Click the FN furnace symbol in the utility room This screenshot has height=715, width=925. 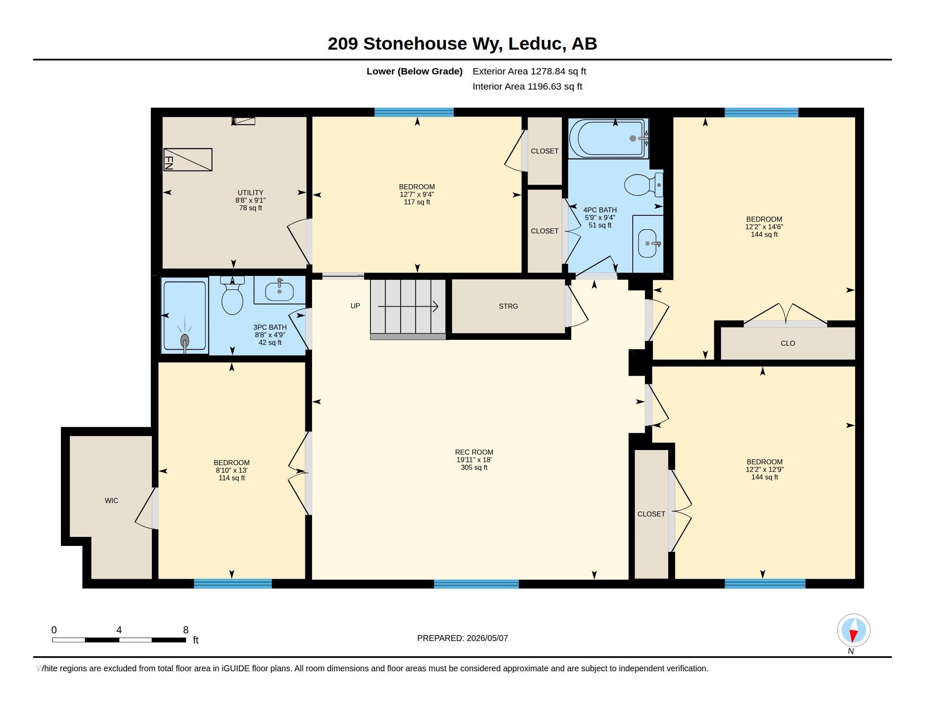(x=188, y=160)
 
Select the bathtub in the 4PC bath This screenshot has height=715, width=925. (x=609, y=138)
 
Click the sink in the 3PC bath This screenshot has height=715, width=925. (x=279, y=291)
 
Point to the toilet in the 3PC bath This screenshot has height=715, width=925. (x=233, y=295)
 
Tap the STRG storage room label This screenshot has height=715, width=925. (x=508, y=306)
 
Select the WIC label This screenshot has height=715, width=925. (x=111, y=500)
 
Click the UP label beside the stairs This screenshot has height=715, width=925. (x=355, y=306)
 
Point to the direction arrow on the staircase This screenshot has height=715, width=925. (x=408, y=306)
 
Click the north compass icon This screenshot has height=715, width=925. (x=854, y=630)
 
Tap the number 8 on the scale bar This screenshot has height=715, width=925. (x=185, y=630)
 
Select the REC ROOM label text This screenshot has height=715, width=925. (x=474, y=453)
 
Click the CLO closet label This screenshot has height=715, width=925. (x=788, y=343)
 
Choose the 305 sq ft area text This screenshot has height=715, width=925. (x=474, y=468)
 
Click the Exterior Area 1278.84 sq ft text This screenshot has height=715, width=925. (x=529, y=71)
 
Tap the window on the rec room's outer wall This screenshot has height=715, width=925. (x=476, y=584)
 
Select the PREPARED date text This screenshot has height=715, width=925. (x=462, y=638)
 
